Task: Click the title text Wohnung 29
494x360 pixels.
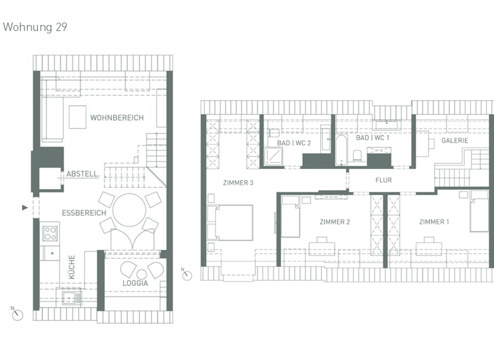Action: coord(35,27)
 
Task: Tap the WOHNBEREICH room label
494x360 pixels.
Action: coord(116,118)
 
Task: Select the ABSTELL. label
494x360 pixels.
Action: coord(82,174)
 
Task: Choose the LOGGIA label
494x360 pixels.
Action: coord(134,283)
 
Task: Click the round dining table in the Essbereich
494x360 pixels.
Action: coord(129,210)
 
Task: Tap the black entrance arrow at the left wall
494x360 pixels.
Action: coord(25,208)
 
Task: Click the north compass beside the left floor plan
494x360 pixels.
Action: coord(17,314)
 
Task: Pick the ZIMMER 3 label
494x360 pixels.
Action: coord(238,183)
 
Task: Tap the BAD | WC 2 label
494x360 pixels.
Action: coord(294,143)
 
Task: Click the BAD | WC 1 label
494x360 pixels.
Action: coord(373,138)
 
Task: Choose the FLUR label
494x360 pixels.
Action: coord(383,181)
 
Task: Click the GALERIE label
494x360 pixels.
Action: coord(454,140)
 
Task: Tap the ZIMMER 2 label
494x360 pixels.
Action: coord(334,222)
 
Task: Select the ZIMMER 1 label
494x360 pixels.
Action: coord(434,222)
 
